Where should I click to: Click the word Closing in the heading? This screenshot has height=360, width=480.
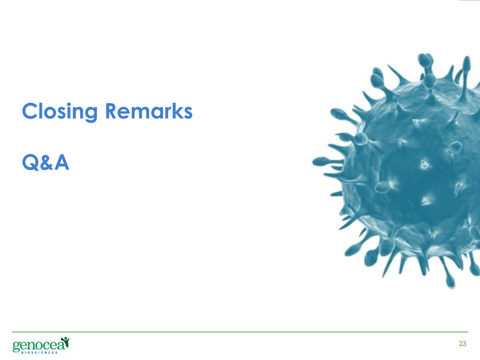point(60,112)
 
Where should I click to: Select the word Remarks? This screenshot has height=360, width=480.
point(149,110)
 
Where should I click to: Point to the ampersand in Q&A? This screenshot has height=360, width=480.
point(46,162)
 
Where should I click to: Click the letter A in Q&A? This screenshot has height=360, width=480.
point(61,162)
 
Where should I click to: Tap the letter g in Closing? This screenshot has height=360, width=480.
point(90,114)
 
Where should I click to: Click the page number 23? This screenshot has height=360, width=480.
point(463,344)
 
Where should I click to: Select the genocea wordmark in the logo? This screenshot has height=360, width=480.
point(39,345)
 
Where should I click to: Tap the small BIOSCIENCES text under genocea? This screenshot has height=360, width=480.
point(39,353)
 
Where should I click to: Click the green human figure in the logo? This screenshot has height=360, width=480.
point(65,341)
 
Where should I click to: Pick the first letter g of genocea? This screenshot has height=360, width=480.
point(16,347)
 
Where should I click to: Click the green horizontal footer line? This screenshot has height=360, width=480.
point(240,332)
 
